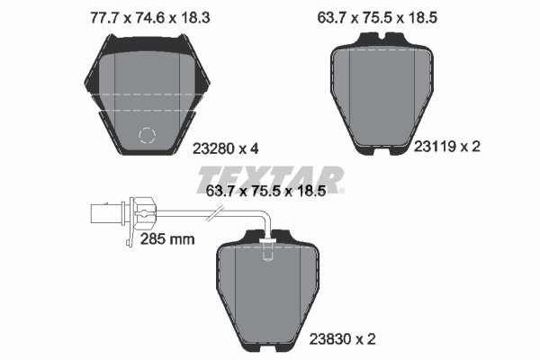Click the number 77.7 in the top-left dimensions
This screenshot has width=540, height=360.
coord(82,15)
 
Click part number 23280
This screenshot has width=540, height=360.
coord(214,149)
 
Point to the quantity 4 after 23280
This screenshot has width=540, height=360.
coord(256,149)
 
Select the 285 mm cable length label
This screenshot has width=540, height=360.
coord(167,238)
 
